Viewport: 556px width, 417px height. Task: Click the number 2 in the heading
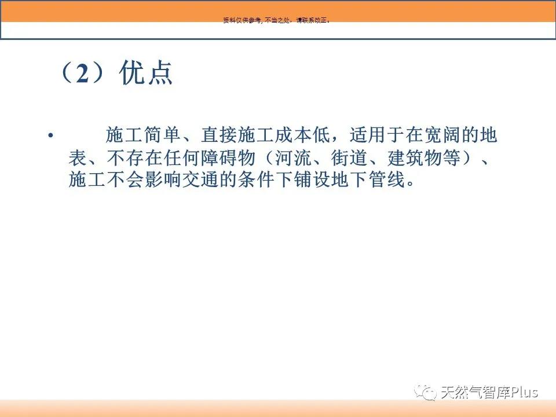(82, 74)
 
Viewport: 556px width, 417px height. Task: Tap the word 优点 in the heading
(146, 73)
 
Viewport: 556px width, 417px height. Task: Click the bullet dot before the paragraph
(51, 136)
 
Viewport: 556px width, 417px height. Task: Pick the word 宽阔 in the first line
(442, 135)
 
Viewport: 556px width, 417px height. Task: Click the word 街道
(349, 158)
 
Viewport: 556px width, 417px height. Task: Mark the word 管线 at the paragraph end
(387, 179)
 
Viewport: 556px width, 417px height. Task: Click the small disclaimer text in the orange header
(277, 20)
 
